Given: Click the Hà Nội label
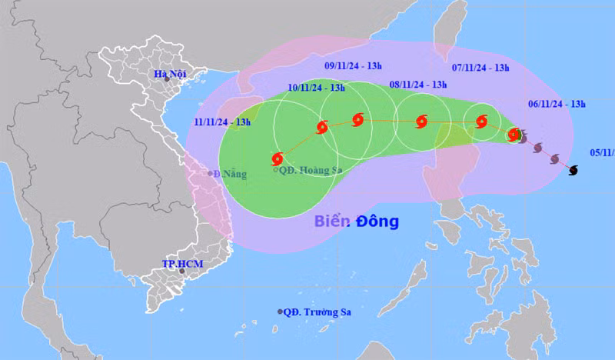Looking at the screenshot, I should point(171,75).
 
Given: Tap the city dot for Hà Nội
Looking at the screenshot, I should point(166,79).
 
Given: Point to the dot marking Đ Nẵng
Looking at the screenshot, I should point(210,173).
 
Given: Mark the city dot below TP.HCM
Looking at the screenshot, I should point(182,271).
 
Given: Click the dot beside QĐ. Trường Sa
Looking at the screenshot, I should point(280,312).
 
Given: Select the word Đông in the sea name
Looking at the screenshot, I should point(377,222).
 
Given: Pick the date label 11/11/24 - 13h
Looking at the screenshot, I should point(223,121).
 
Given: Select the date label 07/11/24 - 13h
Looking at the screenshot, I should point(481,68).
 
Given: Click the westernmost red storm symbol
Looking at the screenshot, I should point(278,159).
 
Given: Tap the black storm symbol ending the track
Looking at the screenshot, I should point(573,170).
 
